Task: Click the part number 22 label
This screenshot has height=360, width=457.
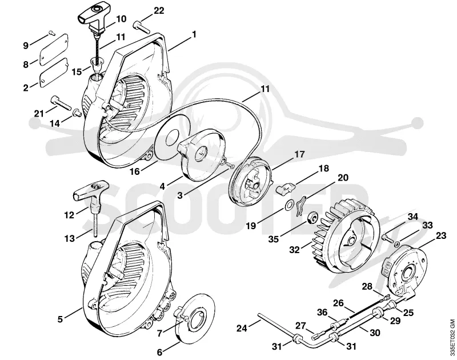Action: (159, 11)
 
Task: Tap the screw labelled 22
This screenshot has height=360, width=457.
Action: (142, 27)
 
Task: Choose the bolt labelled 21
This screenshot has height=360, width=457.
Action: (61, 103)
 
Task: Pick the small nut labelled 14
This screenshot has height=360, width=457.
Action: (77, 111)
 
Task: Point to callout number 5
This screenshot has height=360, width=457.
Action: (60, 319)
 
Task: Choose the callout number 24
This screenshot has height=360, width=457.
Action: (242, 328)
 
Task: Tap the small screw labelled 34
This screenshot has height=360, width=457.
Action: (387, 238)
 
